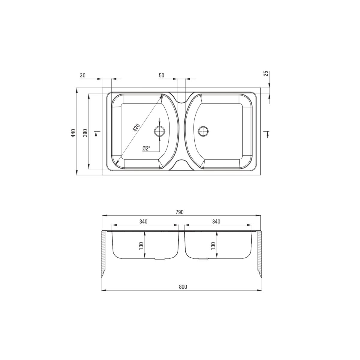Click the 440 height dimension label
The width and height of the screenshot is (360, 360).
[x=74, y=133]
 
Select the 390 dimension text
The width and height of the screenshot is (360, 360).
[x=85, y=133]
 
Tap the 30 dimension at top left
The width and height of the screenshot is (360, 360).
[x=82, y=76]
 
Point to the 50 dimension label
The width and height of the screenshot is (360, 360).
[x=161, y=76]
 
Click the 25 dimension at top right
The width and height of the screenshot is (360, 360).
[x=266, y=73]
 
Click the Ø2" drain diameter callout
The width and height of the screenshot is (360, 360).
[x=147, y=148]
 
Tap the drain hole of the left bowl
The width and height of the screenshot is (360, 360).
[x=159, y=131]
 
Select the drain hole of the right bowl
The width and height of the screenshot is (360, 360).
[x=203, y=131]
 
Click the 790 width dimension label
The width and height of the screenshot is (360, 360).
[x=179, y=212]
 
